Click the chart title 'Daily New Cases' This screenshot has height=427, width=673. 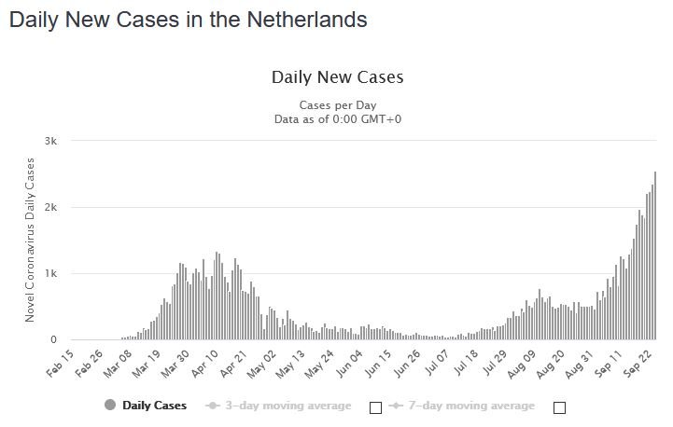[337, 76]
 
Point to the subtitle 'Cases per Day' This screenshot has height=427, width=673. [337, 104]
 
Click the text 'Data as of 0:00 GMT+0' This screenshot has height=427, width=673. [337, 119]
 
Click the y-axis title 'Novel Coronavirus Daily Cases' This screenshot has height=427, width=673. [30, 241]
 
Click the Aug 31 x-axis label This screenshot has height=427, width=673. [583, 362]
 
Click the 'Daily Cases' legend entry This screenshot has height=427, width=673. [147, 406]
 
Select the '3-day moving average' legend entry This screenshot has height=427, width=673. [280, 406]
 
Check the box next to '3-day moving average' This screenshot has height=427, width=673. [376, 406]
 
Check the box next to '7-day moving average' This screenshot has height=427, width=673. [560, 406]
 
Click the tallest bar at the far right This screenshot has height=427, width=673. [655, 256]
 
